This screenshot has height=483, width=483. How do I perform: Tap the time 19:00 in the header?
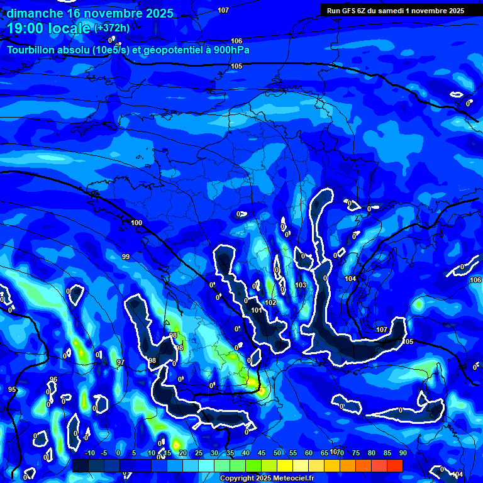click(x=28, y=28)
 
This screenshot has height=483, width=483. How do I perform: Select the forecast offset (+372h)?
click(x=112, y=28)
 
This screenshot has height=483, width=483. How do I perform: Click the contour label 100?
click(x=136, y=223)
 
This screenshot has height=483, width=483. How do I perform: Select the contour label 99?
click(x=126, y=257)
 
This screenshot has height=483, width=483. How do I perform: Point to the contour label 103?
click(x=301, y=285)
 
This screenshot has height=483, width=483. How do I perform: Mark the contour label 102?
click(x=270, y=303)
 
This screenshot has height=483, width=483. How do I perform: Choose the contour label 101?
click(x=256, y=310)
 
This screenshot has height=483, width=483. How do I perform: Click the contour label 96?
click(x=53, y=379)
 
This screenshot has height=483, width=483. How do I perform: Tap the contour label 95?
click(x=12, y=389)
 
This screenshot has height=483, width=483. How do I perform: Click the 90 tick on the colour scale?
click(x=402, y=453)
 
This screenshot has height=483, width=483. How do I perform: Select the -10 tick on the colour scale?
click(x=89, y=453)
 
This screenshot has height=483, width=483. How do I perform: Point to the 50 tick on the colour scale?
click(x=277, y=453)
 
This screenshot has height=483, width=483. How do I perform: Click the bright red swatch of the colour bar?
click(x=394, y=465)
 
